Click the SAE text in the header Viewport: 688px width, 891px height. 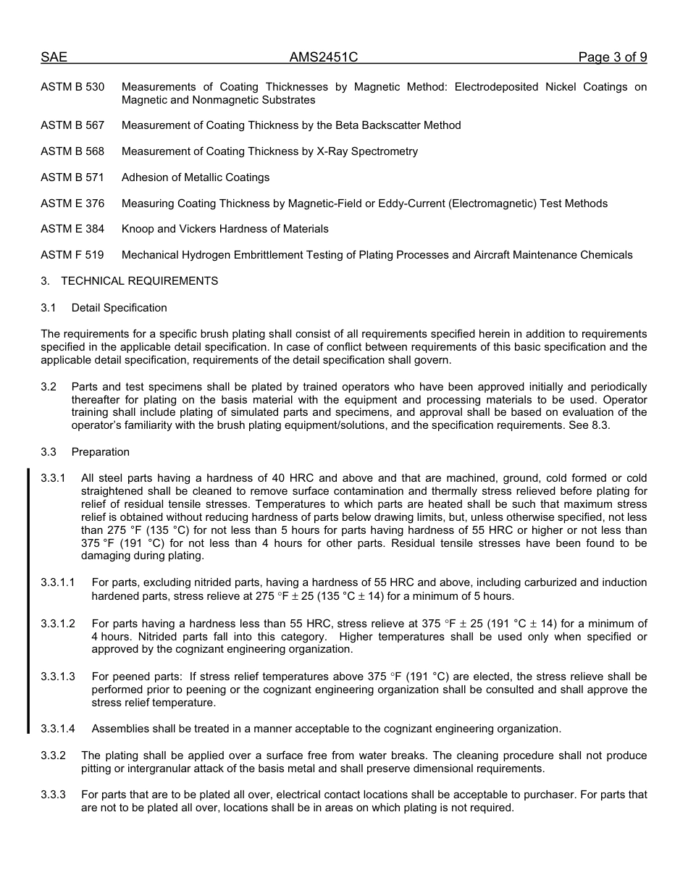click(x=54, y=58)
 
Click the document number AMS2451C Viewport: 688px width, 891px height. click(x=324, y=58)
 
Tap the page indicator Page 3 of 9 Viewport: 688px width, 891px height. click(x=612, y=58)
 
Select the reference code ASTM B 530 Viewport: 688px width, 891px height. click(x=72, y=87)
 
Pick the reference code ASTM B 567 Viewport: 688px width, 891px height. click(x=72, y=125)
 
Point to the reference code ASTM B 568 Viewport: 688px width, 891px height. click(x=72, y=151)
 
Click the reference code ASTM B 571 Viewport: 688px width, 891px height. click(x=72, y=177)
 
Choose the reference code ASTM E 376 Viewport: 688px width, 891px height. click(x=72, y=204)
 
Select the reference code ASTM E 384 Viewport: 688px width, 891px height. click(x=72, y=229)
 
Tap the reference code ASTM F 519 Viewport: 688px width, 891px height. click(x=72, y=255)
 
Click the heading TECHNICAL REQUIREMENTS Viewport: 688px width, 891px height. click(x=139, y=281)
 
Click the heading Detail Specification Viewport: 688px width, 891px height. click(x=119, y=308)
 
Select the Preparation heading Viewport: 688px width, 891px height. click(x=100, y=452)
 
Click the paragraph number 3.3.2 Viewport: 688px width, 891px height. click(x=53, y=756)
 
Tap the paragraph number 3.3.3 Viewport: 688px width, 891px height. click(x=53, y=795)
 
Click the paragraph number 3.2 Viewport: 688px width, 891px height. click(x=49, y=387)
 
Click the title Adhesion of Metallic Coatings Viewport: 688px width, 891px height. click(x=196, y=177)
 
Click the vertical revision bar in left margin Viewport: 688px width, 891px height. click(x=28, y=601)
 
